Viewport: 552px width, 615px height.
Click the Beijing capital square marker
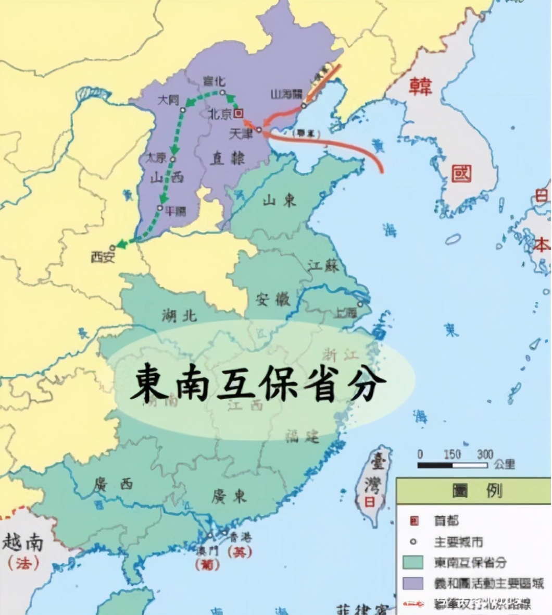pos(239,113)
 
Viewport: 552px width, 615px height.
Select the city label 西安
pos(103,256)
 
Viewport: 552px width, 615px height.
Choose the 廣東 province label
pos(229,496)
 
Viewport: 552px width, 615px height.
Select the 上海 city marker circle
pos(360,304)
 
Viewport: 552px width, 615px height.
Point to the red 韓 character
pos(420,85)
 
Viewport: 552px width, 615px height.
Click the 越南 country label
pos(22,543)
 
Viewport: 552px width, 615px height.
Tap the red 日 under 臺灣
pos(369,502)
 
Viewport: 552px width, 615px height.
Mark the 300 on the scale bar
pos(485,454)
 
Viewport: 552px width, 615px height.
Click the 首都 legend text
pos(447,521)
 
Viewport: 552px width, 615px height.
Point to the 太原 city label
pos(156,157)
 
